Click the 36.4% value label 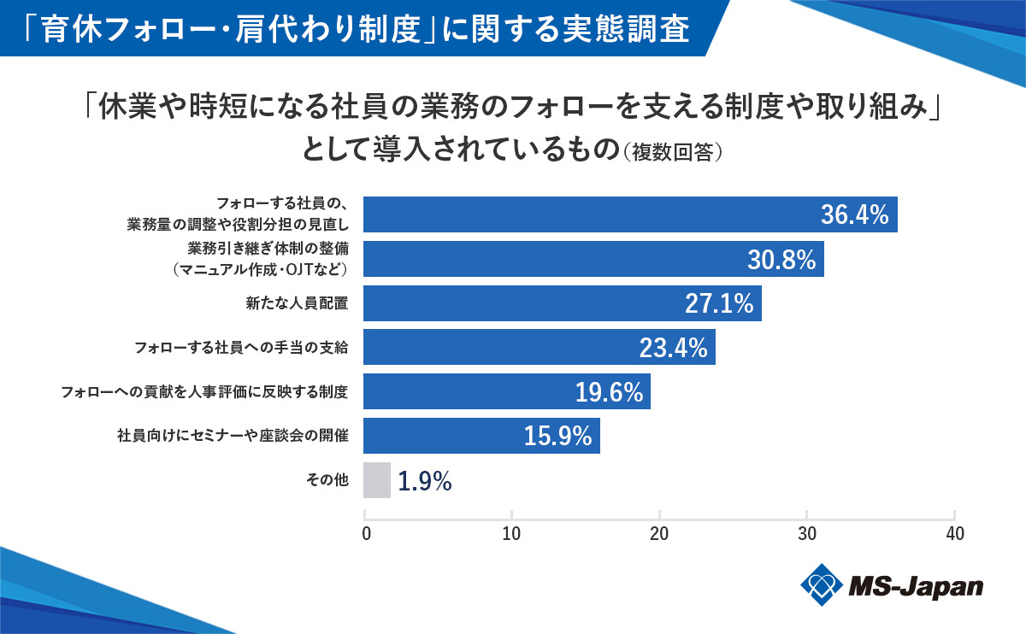coord(855,214)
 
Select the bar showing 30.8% coord(593,259)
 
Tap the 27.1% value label coord(719,303)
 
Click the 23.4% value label coord(673,348)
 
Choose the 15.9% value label coord(557,437)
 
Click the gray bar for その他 coord(377,480)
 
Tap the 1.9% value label coord(425,481)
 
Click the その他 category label coord(327,481)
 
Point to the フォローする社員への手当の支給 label coord(242,348)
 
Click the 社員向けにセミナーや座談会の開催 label coord(233,437)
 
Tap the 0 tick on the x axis coord(366,534)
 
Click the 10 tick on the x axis coord(512,534)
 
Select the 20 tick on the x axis coord(659,534)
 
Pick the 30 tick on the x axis coord(807,534)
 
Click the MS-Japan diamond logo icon coord(822,585)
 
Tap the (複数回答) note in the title coord(675,152)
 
